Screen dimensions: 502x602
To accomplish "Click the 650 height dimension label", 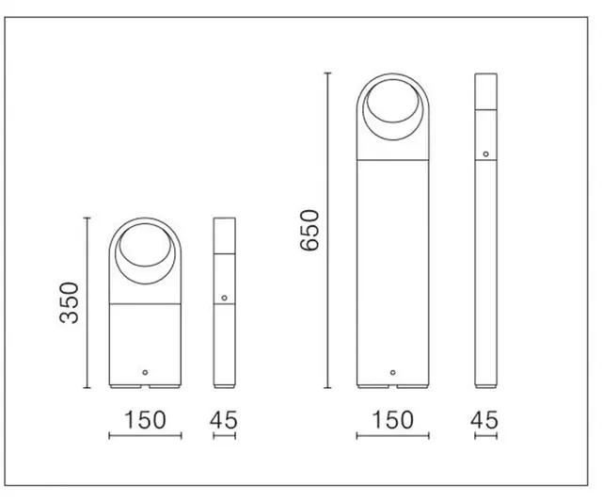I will click(x=310, y=232).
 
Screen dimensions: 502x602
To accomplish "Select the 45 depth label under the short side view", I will click(x=225, y=419).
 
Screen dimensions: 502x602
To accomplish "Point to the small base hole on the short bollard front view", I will click(x=144, y=373).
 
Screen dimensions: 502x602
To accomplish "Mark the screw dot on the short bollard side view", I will click(x=225, y=299).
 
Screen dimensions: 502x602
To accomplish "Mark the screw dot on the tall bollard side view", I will click(x=485, y=154).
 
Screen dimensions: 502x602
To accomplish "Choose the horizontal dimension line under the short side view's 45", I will click(x=225, y=436).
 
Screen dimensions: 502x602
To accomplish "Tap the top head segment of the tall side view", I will click(x=485, y=92).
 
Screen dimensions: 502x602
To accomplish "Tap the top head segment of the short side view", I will click(x=225, y=236).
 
